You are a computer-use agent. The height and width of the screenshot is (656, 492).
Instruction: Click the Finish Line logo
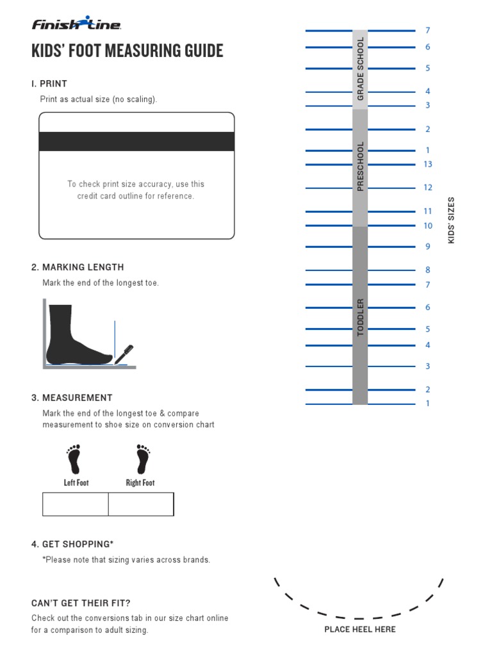(x=76, y=24)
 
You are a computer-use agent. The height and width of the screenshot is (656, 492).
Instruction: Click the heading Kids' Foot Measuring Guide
(x=127, y=51)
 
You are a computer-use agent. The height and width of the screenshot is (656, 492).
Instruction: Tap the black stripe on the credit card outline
(x=136, y=142)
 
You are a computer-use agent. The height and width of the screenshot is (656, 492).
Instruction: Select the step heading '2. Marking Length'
(x=78, y=267)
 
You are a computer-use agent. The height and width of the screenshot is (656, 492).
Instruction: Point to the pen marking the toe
(x=124, y=354)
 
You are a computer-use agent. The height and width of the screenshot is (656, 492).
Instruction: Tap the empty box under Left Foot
(x=76, y=504)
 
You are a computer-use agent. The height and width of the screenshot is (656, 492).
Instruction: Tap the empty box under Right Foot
(x=141, y=504)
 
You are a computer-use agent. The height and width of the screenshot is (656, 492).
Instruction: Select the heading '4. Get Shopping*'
(x=72, y=544)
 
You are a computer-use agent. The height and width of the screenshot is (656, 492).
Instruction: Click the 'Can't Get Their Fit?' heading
(x=81, y=603)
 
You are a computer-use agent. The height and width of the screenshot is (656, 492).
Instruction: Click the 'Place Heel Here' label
(x=360, y=629)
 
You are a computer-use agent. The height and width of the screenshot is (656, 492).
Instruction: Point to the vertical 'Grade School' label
(x=360, y=69)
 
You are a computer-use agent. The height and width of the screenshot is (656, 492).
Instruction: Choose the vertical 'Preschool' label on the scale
(x=360, y=166)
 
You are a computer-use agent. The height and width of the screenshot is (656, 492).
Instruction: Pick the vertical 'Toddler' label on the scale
(x=360, y=317)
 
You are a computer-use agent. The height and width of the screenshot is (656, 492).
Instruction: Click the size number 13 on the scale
(x=428, y=165)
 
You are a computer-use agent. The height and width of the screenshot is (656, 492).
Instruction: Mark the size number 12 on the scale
(x=428, y=188)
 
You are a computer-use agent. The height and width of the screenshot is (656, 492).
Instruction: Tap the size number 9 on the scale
(x=428, y=247)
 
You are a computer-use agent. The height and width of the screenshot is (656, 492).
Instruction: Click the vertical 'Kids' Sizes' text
(x=451, y=220)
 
